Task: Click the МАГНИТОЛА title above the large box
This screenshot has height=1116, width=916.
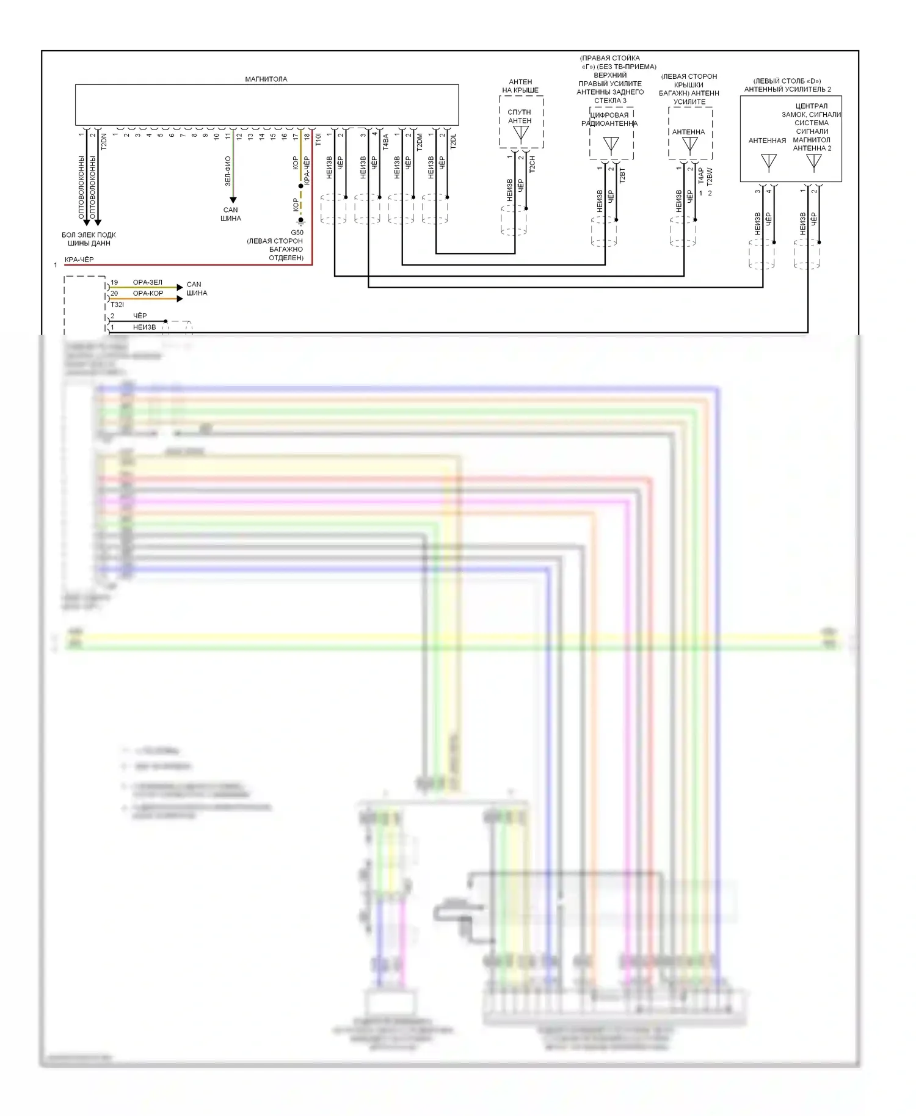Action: coord(266,79)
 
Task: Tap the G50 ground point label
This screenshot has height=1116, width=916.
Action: coord(297,233)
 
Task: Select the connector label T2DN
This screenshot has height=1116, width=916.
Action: coord(104,142)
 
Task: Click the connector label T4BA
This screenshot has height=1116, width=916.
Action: coord(385,142)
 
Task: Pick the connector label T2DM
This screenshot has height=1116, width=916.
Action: coord(420,142)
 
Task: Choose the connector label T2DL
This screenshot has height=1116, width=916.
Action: coord(453,142)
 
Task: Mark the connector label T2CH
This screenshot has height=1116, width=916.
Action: coord(532,164)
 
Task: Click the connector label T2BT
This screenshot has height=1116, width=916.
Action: coord(622,176)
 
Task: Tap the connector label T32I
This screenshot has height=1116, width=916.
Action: coord(117,305)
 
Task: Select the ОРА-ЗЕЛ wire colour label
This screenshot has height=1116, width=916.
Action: coord(148,283)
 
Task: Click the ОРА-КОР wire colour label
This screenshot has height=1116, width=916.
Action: coord(148,294)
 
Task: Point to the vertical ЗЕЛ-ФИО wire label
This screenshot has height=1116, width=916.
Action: coord(228,171)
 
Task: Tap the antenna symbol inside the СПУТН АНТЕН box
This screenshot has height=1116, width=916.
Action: coord(520,134)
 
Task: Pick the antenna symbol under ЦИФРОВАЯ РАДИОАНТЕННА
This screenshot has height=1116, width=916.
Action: coord(611,145)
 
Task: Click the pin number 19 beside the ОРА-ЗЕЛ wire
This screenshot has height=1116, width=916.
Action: coord(114,283)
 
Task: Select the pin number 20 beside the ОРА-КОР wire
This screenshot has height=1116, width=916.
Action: coord(114,294)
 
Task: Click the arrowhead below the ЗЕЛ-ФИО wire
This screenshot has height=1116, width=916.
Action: coord(233,200)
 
